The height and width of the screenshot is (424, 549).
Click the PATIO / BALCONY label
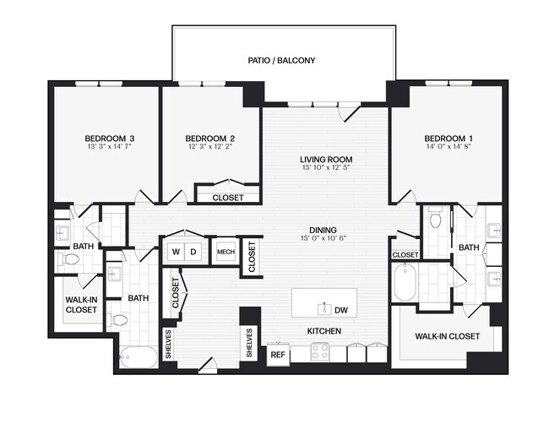tap(281, 61)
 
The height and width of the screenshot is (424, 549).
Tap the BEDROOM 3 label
tap(109, 138)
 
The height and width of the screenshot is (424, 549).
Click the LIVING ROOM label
tap(326, 159)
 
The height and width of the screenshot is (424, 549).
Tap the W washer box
tap(176, 252)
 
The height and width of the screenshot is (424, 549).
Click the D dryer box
tap(193, 252)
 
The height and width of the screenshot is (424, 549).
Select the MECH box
tap(226, 252)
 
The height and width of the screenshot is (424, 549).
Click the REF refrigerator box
tap(277, 356)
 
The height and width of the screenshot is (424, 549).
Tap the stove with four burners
tap(320, 353)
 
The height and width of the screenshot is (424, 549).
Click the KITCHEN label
tap(323, 331)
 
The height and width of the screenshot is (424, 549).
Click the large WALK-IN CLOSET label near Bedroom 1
tap(447, 336)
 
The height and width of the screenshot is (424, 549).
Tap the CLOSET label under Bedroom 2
tap(227, 198)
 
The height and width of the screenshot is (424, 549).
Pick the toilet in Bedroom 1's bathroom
tap(436, 220)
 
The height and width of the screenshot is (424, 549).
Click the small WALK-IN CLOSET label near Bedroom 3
tap(81, 305)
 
